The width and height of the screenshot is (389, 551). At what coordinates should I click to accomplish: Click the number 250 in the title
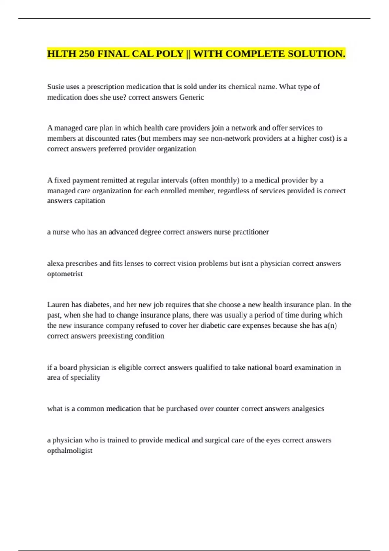click(87, 53)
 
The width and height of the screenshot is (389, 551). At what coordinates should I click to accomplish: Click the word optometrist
click(65, 274)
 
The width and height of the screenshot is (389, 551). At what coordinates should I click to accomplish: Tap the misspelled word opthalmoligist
click(70, 451)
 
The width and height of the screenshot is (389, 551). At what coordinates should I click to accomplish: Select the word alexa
click(55, 264)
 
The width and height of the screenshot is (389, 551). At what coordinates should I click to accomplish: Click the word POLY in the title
click(170, 53)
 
